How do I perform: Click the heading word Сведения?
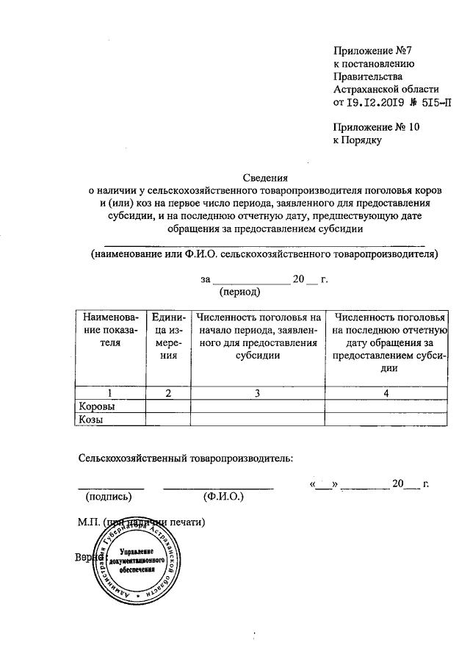(x=267, y=177)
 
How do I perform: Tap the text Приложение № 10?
(x=376, y=126)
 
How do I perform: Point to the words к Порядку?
(x=358, y=140)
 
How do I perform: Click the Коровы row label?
(x=98, y=406)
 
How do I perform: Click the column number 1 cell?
(x=109, y=392)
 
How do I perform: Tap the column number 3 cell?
(x=257, y=392)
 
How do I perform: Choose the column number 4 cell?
(x=386, y=392)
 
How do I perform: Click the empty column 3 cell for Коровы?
(x=257, y=406)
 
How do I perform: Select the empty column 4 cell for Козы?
(x=386, y=419)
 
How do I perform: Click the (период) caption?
(x=240, y=292)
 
